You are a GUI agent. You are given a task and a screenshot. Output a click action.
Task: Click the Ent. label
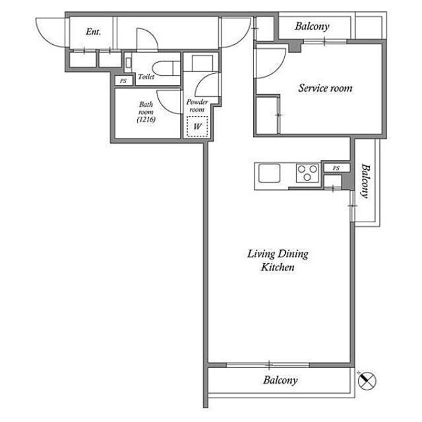[x=93, y=32]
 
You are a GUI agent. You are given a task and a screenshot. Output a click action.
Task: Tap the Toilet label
[x=146, y=76]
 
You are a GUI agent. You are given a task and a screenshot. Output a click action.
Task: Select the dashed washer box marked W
[x=198, y=126]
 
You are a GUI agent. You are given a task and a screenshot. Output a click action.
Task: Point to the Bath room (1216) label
[x=146, y=111]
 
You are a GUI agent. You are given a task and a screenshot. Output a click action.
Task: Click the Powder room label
[x=197, y=105]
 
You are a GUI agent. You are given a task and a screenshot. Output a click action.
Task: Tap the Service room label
[x=325, y=88]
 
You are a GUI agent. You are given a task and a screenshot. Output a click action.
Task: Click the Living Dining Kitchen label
[x=278, y=260]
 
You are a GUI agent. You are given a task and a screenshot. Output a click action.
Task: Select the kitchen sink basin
[x=269, y=173]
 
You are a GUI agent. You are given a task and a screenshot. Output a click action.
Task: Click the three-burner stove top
[x=307, y=173]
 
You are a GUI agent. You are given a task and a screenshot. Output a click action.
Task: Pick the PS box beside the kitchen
[x=336, y=168]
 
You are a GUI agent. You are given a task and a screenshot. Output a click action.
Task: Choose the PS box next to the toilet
[x=123, y=80]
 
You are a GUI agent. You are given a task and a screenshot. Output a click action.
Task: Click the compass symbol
[x=367, y=380]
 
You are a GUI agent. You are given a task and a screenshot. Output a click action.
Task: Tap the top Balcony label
[x=312, y=26]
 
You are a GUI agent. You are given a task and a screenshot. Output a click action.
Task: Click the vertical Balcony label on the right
[x=365, y=181]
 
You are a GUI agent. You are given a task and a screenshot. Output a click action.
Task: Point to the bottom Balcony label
[x=280, y=380]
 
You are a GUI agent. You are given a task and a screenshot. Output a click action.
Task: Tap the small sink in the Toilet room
[x=128, y=62]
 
